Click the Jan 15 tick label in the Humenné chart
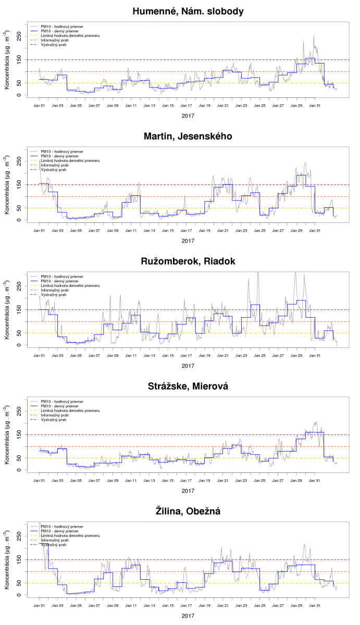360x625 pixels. (168, 106)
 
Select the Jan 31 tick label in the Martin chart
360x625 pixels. (315, 231)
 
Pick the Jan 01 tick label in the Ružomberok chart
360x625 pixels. (39, 356)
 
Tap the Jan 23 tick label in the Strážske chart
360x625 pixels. (241, 481)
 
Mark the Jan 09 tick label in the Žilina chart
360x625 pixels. (113, 606)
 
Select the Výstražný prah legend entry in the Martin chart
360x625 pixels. (53, 170)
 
